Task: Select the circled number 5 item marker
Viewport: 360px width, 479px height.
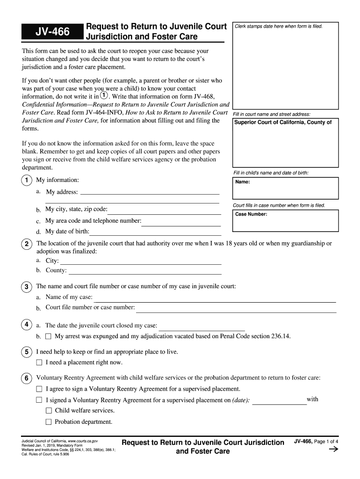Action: click(27, 352)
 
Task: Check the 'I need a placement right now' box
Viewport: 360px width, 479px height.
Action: click(39, 363)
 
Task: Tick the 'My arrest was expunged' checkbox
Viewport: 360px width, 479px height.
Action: click(49, 336)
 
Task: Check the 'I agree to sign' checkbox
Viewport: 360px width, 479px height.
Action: click(39, 389)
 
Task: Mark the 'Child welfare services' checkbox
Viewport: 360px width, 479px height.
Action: click(49, 411)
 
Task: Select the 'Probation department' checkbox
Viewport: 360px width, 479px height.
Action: click(49, 422)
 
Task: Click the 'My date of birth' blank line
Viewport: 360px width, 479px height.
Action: click(155, 234)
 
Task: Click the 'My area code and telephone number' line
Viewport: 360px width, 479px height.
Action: click(181, 225)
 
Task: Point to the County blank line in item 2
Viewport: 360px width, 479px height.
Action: click(145, 274)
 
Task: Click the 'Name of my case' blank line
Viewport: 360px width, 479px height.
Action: click(215, 301)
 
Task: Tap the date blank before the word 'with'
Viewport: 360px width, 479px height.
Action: click(279, 403)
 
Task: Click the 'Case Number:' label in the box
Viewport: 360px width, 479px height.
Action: click(251, 214)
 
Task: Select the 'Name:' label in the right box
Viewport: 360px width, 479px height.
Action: click(243, 182)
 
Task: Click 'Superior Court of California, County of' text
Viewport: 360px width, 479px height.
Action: click(283, 123)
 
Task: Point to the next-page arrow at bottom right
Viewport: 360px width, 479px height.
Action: click(333, 450)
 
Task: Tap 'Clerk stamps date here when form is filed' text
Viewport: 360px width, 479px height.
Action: click(279, 26)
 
